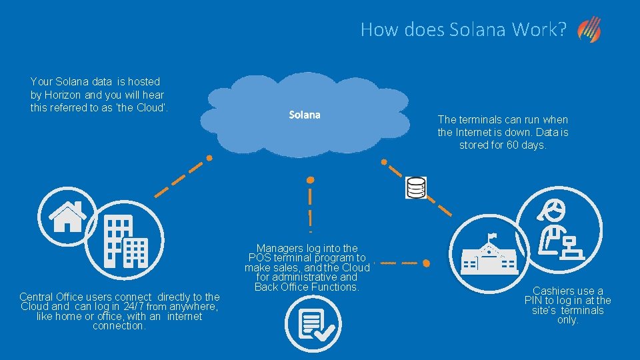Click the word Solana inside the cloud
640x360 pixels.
click(x=305, y=115)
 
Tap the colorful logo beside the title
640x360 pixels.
click(x=589, y=30)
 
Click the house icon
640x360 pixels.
click(x=67, y=216)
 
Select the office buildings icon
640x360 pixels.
click(x=126, y=241)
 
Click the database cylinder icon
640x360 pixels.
click(x=416, y=187)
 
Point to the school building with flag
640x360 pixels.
click(x=490, y=259)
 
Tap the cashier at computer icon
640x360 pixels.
click(x=561, y=230)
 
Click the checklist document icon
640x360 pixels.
click(x=313, y=324)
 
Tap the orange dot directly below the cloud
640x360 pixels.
click(x=310, y=180)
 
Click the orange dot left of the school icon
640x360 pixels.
click(x=426, y=263)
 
